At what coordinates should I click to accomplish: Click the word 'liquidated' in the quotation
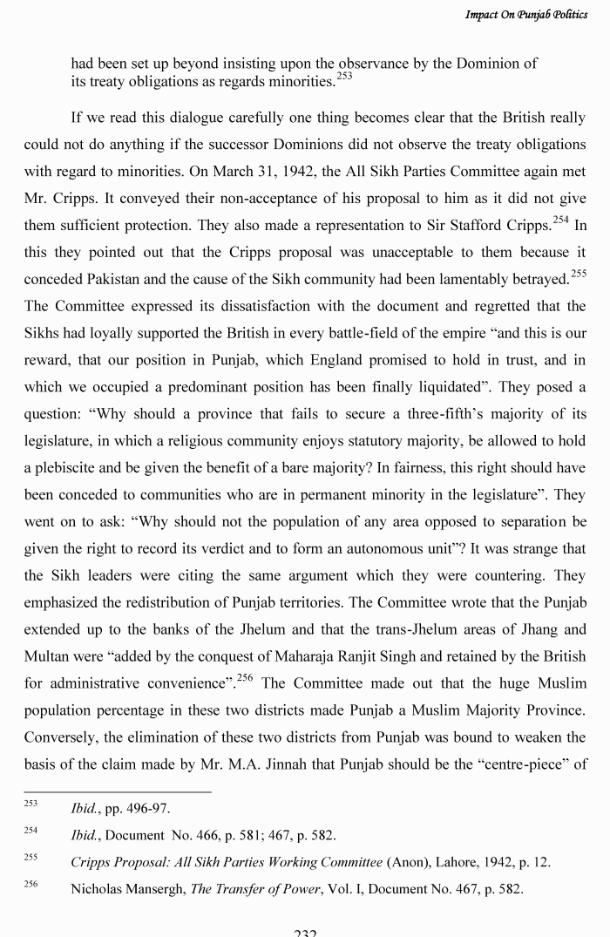pos(444,386)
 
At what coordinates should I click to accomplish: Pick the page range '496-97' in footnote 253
pos(148,808)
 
